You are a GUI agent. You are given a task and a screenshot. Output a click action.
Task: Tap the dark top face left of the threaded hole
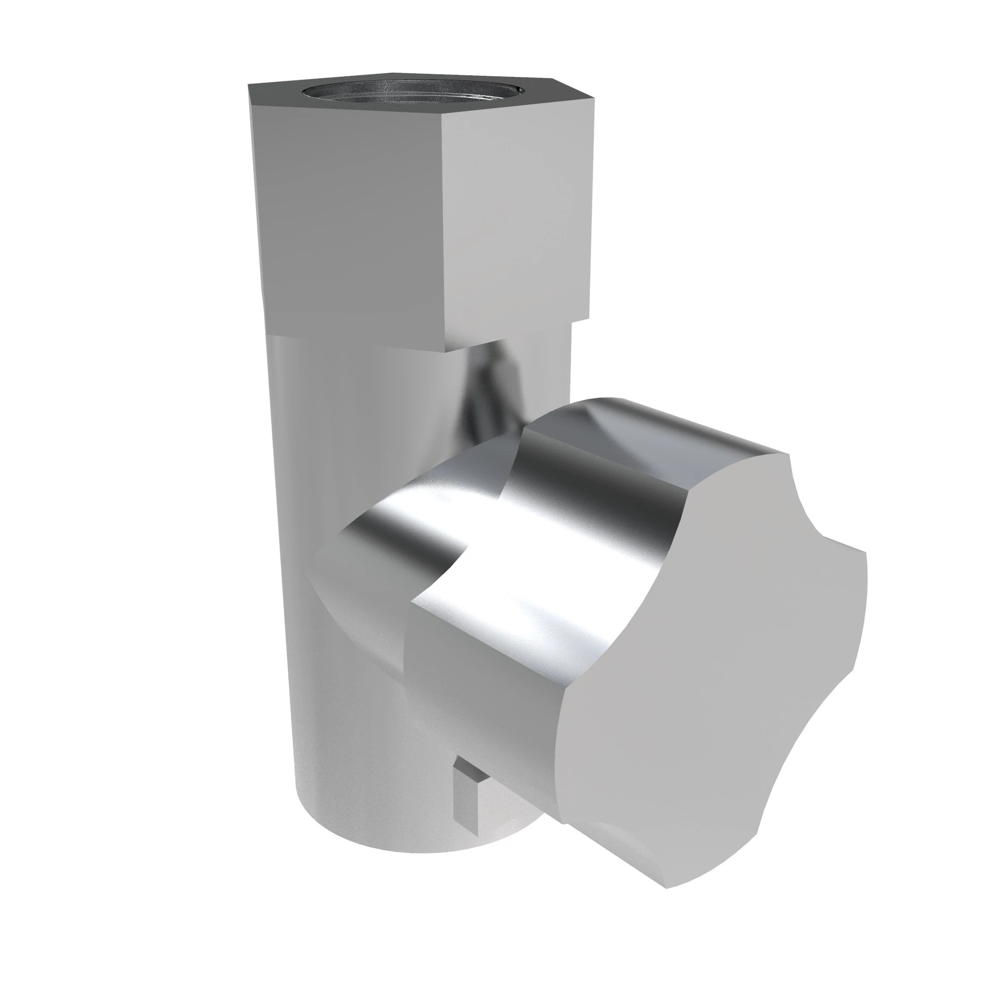pos(274,94)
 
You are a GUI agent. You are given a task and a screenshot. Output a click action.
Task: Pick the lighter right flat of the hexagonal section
pos(516,217)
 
